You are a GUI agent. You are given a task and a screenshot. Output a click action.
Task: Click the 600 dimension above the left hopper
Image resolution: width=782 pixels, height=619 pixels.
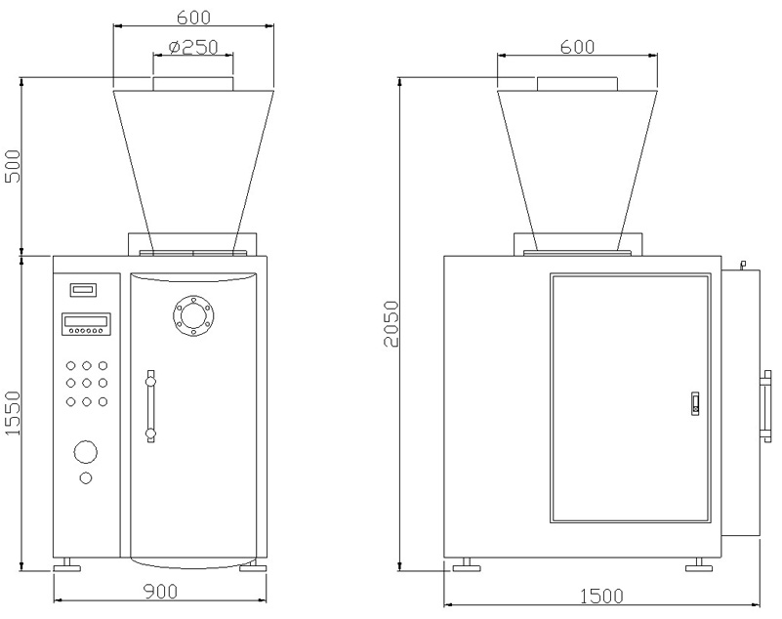point(192,18)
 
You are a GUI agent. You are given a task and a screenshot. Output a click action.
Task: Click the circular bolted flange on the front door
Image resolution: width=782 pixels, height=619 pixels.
point(192,314)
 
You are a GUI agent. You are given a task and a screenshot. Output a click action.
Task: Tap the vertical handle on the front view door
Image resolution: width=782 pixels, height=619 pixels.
point(149,405)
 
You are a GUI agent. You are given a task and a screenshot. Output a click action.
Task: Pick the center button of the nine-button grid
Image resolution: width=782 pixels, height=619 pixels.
point(87,383)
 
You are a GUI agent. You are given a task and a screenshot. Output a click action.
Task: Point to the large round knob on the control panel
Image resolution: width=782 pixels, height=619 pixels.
point(86,452)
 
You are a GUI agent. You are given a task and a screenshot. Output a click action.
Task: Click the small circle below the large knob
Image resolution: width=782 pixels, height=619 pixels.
point(86,477)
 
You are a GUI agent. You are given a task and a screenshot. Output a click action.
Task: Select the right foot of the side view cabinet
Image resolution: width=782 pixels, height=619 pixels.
point(697,564)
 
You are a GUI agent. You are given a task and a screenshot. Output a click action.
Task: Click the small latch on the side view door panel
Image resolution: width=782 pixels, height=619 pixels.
point(694,402)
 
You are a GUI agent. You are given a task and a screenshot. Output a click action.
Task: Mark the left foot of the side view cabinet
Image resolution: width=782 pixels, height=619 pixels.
point(465,564)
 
